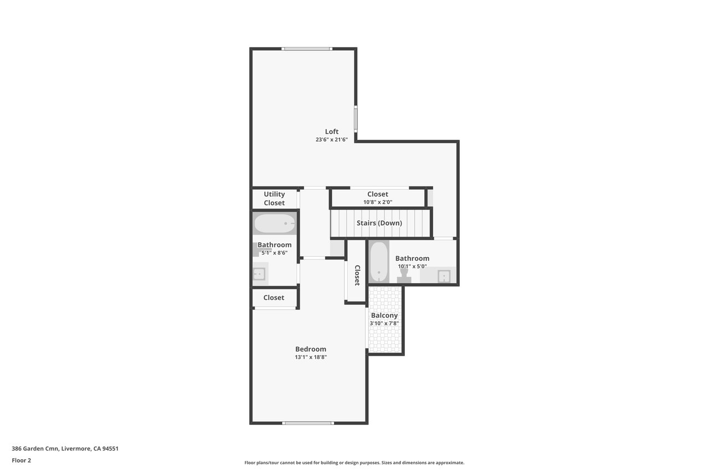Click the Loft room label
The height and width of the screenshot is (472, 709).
pos(331,132)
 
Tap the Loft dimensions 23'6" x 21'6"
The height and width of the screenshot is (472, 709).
pos(331,140)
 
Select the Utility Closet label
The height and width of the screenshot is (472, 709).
pos(274,199)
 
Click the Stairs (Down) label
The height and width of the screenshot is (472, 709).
pos(379,223)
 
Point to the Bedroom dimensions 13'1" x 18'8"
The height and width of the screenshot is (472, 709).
pos(311,357)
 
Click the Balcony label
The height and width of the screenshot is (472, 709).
pos(384,315)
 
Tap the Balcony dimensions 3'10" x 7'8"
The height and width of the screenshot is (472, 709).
pos(384,323)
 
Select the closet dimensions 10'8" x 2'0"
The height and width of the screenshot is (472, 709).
pos(378,203)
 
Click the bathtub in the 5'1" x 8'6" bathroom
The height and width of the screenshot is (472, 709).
pos(275,224)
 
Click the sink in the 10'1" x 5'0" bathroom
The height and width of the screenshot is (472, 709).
pos(444,276)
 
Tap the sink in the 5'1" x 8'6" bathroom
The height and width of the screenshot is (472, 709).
pos(259,274)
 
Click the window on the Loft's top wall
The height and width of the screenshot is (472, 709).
pos(307,49)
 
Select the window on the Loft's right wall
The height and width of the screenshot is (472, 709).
pos(356,119)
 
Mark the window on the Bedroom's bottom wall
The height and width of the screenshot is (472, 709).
pos(308,423)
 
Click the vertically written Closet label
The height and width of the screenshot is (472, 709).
pos(357,276)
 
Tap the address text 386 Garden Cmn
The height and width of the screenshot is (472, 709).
pos(35,449)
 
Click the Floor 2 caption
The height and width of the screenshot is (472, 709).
pos(22,460)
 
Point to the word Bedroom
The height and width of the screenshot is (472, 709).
pos(311,349)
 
